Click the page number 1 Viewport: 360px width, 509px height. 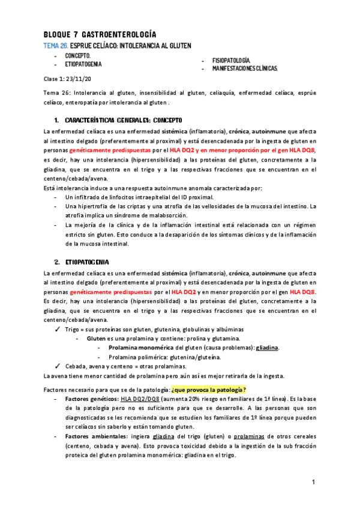click(x=313, y=483)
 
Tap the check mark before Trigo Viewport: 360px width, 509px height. click(x=56, y=329)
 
